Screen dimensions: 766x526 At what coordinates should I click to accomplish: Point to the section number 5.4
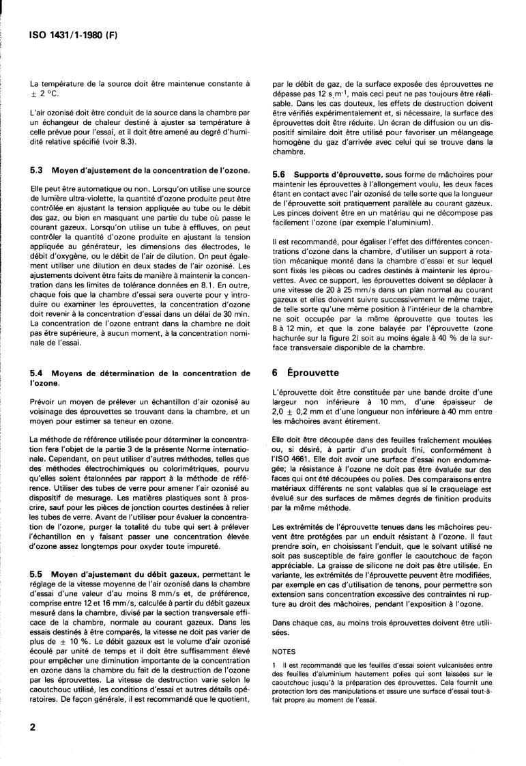(38, 373)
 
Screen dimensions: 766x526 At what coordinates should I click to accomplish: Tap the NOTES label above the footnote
(284, 651)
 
